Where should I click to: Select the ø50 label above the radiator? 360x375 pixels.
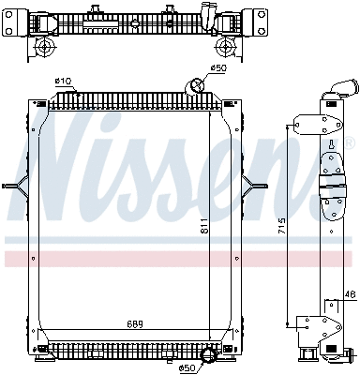(217, 68)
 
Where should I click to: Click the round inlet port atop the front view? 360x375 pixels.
(198, 87)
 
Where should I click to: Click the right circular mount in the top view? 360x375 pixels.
(224, 46)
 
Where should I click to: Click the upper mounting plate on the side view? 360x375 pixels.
(305, 127)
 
